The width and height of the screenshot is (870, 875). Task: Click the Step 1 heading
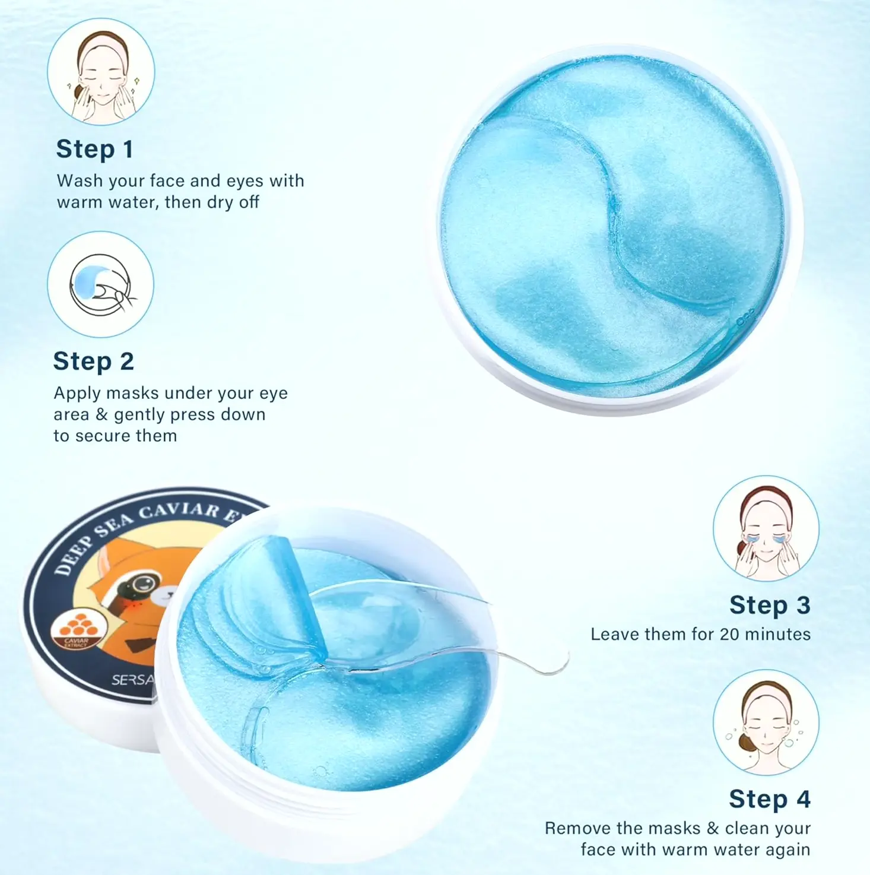(94, 149)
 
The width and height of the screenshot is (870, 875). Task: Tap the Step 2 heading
(94, 362)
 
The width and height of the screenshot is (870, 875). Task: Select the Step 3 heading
(770, 605)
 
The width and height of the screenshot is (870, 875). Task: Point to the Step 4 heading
(770, 799)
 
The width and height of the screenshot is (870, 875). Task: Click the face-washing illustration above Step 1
(101, 72)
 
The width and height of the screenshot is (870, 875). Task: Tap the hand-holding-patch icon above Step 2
(100, 284)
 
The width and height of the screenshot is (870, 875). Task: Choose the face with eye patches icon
(766, 529)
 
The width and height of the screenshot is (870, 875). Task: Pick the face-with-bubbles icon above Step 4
(766, 722)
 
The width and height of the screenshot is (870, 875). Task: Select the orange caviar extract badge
(78, 630)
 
